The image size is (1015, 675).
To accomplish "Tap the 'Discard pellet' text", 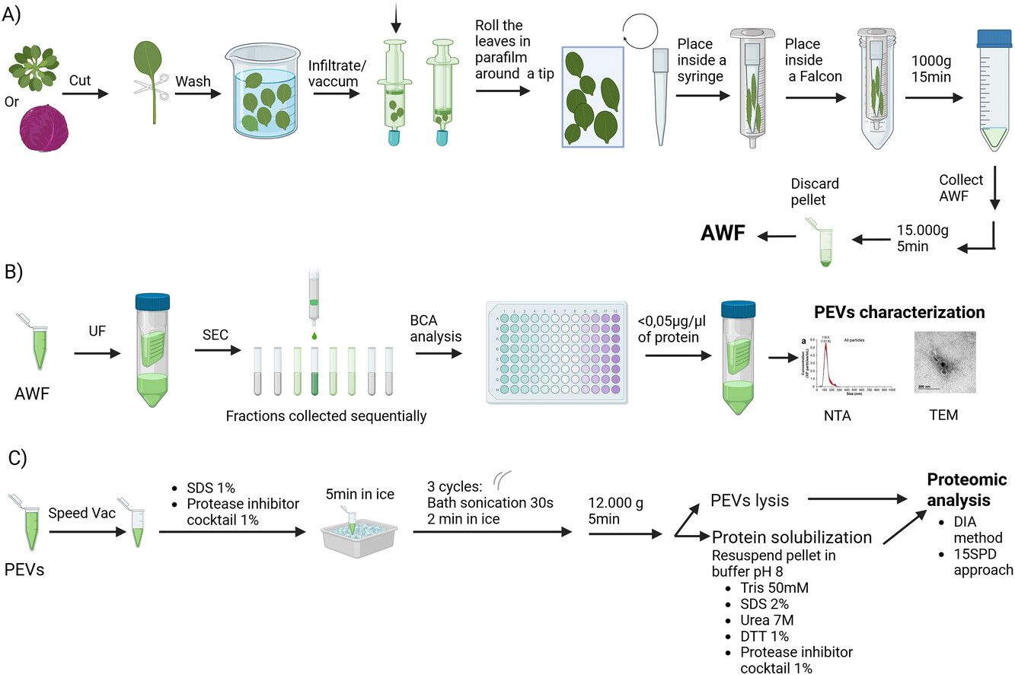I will pyautogui.click(x=815, y=192).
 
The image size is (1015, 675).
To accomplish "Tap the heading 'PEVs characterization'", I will pyautogui.click(x=899, y=313).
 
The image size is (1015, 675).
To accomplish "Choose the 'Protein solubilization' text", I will pyautogui.click(x=791, y=537).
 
